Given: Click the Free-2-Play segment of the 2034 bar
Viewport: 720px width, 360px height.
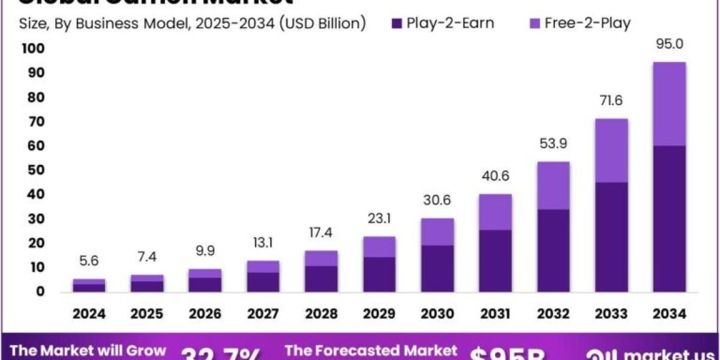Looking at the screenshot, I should [x=669, y=103].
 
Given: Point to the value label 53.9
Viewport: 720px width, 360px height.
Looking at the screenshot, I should [x=554, y=144].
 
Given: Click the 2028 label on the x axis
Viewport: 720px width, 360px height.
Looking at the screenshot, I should [x=322, y=314].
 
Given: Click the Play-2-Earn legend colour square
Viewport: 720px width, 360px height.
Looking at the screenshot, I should [x=396, y=23].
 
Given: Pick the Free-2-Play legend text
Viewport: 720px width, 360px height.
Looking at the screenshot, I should [x=587, y=23].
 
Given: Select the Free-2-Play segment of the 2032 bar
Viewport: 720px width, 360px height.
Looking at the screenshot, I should [x=554, y=185].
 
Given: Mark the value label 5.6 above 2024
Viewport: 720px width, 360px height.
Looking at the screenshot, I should [x=89, y=261].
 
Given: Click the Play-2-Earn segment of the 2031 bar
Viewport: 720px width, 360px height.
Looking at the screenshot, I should [x=496, y=260].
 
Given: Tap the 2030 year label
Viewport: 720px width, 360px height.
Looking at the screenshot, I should [x=437, y=314].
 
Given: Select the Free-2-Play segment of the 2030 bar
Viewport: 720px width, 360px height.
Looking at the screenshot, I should [x=437, y=232].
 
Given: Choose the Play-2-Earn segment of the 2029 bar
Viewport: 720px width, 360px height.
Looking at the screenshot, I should [x=379, y=274].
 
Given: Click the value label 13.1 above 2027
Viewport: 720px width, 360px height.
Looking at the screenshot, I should [x=263, y=243].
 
